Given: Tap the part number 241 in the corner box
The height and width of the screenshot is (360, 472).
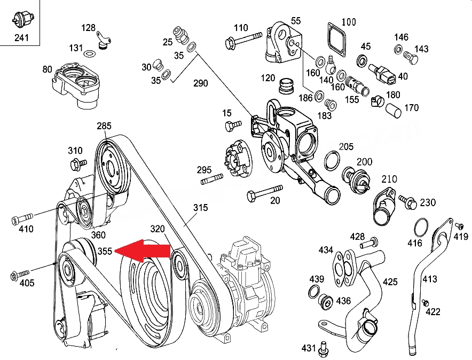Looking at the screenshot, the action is click(21, 37).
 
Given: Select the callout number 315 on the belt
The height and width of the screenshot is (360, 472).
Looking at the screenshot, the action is click(200, 207).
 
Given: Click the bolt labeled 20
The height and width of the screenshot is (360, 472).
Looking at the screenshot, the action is click(264, 193).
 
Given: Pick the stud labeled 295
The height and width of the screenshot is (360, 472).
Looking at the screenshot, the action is click(212, 179).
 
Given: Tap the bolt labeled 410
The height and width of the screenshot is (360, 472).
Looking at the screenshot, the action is click(22, 218).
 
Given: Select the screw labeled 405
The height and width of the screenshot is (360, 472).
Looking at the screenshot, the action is click(20, 275).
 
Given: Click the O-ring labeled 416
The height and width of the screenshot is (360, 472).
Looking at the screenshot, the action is click(421, 228).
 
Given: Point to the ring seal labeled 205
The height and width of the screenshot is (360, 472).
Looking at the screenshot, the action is click(332, 160).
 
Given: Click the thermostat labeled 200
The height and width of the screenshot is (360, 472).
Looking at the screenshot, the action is click(355, 180).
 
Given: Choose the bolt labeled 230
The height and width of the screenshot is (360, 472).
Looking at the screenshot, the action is click(407, 202).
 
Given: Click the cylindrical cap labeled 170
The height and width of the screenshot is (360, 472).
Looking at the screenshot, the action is click(394, 111).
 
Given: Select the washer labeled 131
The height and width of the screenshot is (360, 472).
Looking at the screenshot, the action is click(89, 54).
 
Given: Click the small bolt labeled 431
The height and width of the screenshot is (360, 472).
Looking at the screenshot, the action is click(324, 349).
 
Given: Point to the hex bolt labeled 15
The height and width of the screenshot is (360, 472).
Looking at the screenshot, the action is click(233, 125).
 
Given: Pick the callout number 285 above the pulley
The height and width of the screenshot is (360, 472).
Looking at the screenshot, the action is click(104, 126).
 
